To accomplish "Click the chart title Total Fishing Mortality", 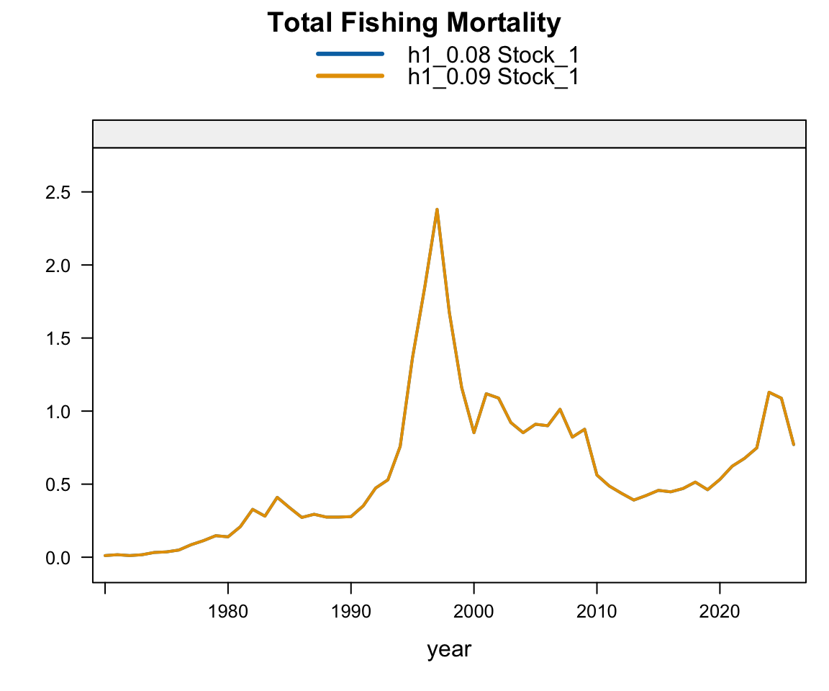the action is pyautogui.click(x=414, y=23).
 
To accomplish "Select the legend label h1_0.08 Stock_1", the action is pyautogui.click(x=493, y=55).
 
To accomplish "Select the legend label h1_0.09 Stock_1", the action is pyautogui.click(x=493, y=77).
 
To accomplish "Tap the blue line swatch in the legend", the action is pyautogui.click(x=350, y=54).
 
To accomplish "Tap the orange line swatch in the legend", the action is pyautogui.click(x=350, y=76).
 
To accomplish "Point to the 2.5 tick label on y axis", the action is pyautogui.click(x=58, y=192).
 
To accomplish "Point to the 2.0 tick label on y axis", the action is pyautogui.click(x=58, y=266).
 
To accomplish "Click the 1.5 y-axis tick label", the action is pyautogui.click(x=58, y=339).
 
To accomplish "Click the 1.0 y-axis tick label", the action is pyautogui.click(x=58, y=412).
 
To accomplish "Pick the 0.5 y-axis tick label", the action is pyautogui.click(x=58, y=485).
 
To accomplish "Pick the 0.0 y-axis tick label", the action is pyautogui.click(x=58, y=558).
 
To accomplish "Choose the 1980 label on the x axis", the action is pyautogui.click(x=228, y=612).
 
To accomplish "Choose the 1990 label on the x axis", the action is pyautogui.click(x=350, y=612).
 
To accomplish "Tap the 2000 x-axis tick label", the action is pyautogui.click(x=474, y=612).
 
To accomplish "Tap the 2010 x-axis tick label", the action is pyautogui.click(x=597, y=612).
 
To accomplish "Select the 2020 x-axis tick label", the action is pyautogui.click(x=720, y=612).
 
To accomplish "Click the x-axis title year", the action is pyautogui.click(x=449, y=649).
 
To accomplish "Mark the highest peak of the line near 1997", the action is pyautogui.click(x=437, y=209).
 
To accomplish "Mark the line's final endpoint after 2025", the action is pyautogui.click(x=793, y=445).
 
